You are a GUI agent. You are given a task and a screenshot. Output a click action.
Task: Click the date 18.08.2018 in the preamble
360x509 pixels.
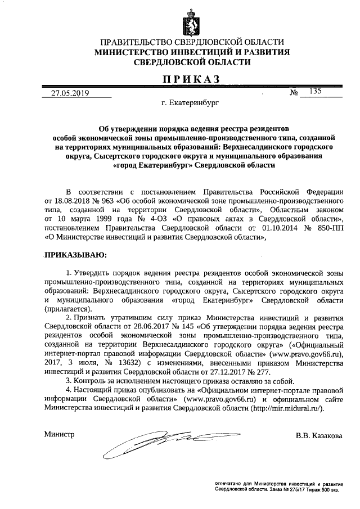click(73, 200)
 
